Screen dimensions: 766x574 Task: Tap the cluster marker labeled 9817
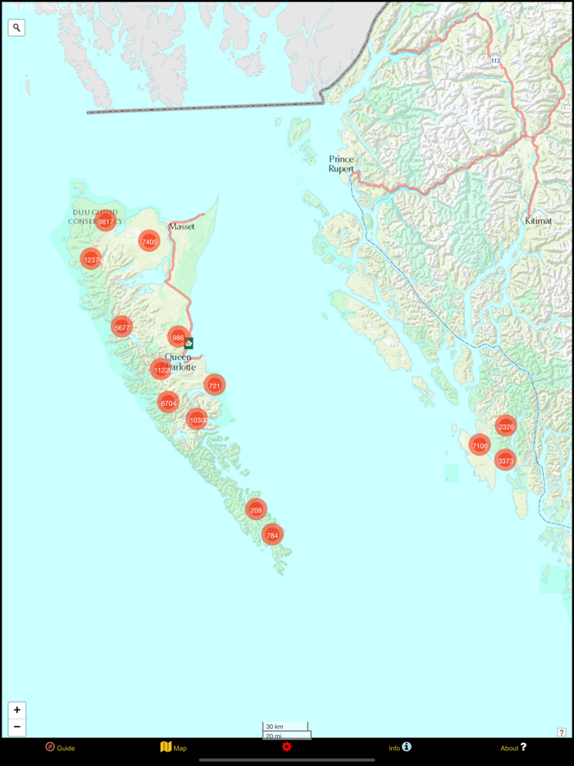click(x=105, y=221)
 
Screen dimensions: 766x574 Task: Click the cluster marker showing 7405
click(x=148, y=241)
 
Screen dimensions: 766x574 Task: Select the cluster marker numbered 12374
click(x=92, y=259)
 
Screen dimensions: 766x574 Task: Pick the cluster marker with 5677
click(x=121, y=327)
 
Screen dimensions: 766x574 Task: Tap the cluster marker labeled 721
click(x=214, y=385)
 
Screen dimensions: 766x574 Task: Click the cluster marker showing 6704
click(x=168, y=403)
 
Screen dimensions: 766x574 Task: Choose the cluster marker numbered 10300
click(x=197, y=420)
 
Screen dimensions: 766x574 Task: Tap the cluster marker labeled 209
click(x=256, y=509)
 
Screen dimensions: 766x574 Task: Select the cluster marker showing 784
click(x=271, y=535)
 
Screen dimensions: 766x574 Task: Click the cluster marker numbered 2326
click(x=505, y=426)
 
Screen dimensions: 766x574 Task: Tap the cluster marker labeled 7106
click(x=480, y=445)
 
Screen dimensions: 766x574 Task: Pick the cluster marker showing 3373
click(x=505, y=461)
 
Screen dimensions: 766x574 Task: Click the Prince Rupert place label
click(x=341, y=163)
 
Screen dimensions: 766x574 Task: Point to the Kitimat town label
click(x=539, y=221)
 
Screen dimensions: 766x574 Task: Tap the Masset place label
click(x=181, y=226)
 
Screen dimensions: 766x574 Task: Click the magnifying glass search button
click(x=16, y=28)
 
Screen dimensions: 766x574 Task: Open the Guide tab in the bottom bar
click(x=60, y=747)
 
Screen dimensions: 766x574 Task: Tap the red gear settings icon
click(x=286, y=746)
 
